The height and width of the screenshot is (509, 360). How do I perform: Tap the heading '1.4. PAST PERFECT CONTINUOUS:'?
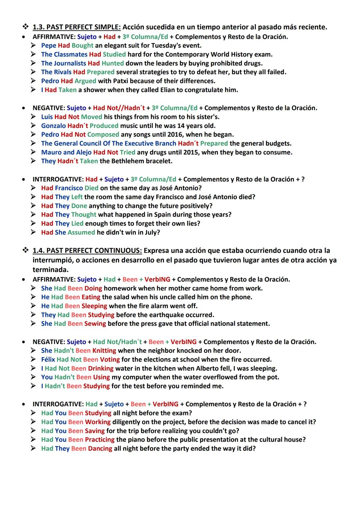pyautogui.click(x=87, y=251)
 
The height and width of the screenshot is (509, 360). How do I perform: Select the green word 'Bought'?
pyautogui.click(x=82, y=45)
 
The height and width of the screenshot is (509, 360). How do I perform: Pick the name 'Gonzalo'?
pyautogui.click(x=53, y=126)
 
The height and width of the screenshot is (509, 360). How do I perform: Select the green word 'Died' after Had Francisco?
pyautogui.click(x=91, y=188)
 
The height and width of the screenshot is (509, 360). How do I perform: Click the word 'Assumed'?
pyautogui.click(x=81, y=232)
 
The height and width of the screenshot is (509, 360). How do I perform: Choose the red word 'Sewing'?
pyautogui.click(x=95, y=324)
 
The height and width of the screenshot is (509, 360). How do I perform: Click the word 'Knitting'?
pyautogui.click(x=104, y=351)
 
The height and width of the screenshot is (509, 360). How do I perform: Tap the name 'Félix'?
pyautogui.click(x=48, y=360)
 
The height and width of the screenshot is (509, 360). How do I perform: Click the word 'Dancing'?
pyautogui.click(x=100, y=449)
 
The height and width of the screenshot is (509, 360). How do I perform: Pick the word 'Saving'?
pyautogui.click(x=95, y=431)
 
